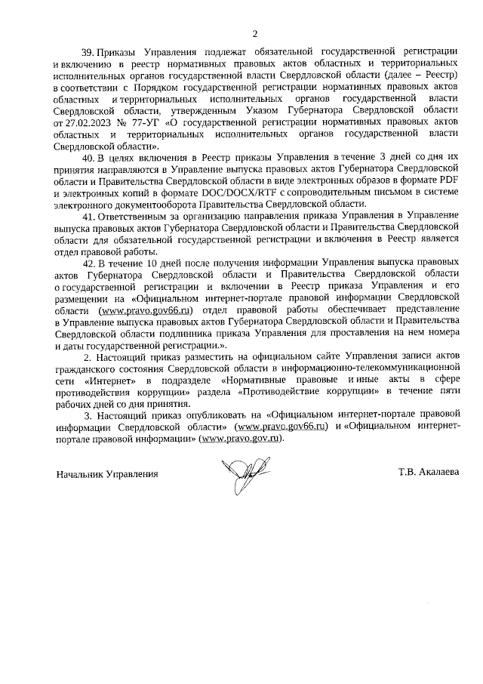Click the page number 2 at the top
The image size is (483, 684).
[x=255, y=34]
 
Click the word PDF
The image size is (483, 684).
[x=447, y=180]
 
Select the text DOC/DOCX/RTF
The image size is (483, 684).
[x=223, y=193]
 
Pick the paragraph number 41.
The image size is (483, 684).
[x=88, y=216]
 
